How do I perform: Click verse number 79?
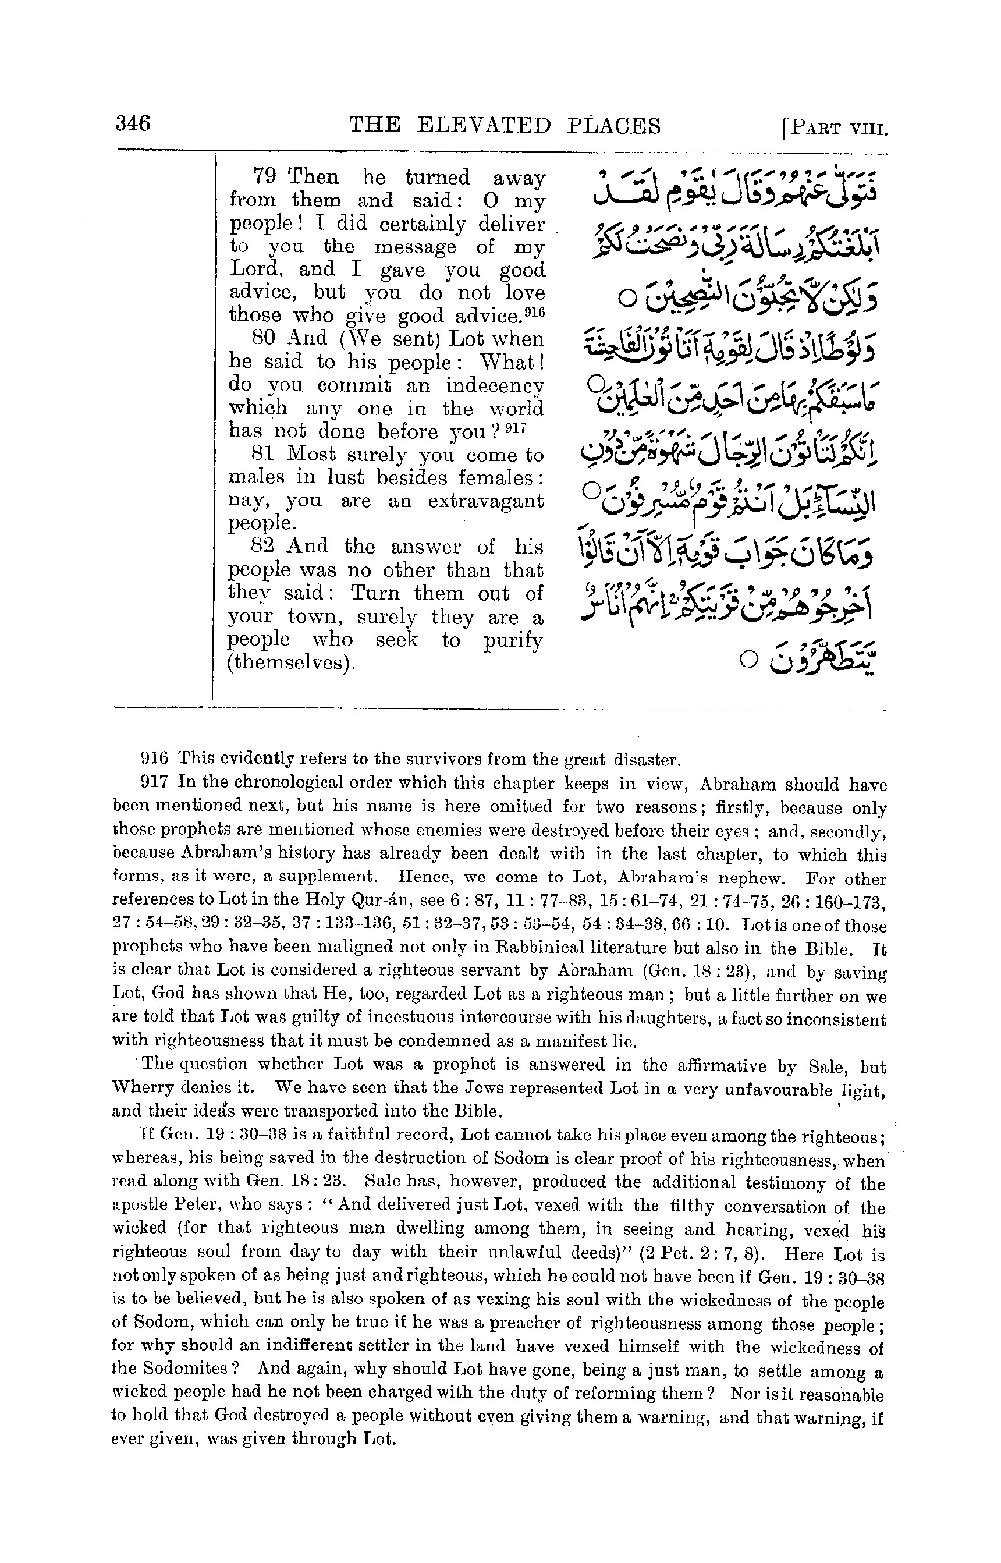(265, 177)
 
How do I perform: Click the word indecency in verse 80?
(495, 385)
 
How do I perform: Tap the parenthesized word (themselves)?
(291, 664)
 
